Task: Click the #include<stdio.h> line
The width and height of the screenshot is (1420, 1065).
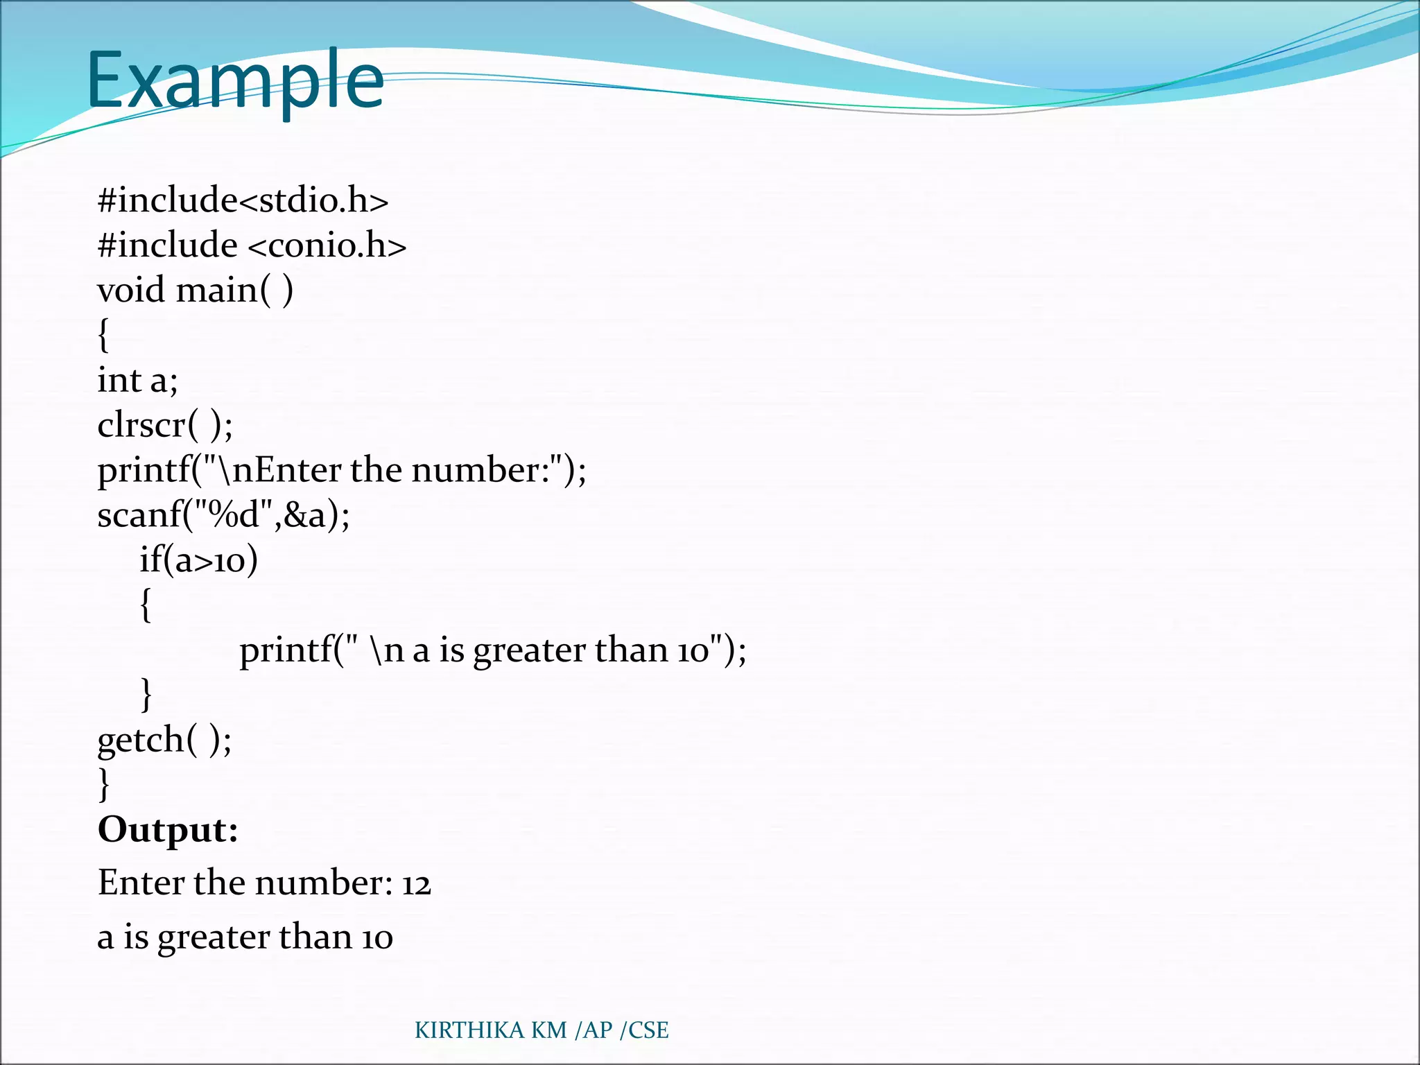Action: (243, 200)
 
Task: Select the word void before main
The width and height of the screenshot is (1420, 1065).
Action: (131, 290)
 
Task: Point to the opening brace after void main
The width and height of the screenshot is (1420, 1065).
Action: (103, 336)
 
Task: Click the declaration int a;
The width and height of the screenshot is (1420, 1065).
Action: (137, 380)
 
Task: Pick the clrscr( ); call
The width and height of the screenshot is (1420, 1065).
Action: (165, 424)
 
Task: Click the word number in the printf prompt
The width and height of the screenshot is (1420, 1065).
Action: (475, 470)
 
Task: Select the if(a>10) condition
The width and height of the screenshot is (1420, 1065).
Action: (198, 560)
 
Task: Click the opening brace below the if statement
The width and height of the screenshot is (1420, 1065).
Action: (146, 605)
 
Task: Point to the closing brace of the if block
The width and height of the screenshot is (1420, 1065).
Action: (146, 694)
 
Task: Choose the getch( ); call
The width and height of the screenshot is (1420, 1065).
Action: (164, 740)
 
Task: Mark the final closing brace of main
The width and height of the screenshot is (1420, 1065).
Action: (103, 784)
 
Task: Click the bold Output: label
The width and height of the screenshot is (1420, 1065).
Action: (168, 829)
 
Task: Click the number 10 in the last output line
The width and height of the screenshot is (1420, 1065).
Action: (377, 938)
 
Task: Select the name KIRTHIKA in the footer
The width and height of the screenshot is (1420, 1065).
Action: (469, 1030)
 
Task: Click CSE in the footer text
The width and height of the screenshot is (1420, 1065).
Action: (648, 1030)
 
